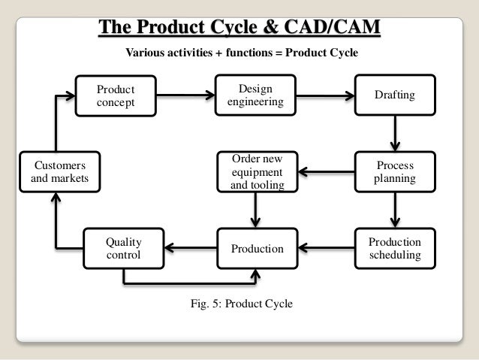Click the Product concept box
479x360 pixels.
[x=116, y=96]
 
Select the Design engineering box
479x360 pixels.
[x=256, y=95]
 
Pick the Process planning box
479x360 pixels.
[x=394, y=171]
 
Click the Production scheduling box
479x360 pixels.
[x=395, y=249]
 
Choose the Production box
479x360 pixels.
[x=256, y=249]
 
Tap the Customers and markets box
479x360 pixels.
[x=56, y=171]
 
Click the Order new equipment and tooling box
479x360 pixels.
[x=256, y=171]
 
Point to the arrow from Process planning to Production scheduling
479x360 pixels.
[x=395, y=210]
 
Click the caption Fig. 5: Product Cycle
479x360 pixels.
[x=243, y=304]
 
